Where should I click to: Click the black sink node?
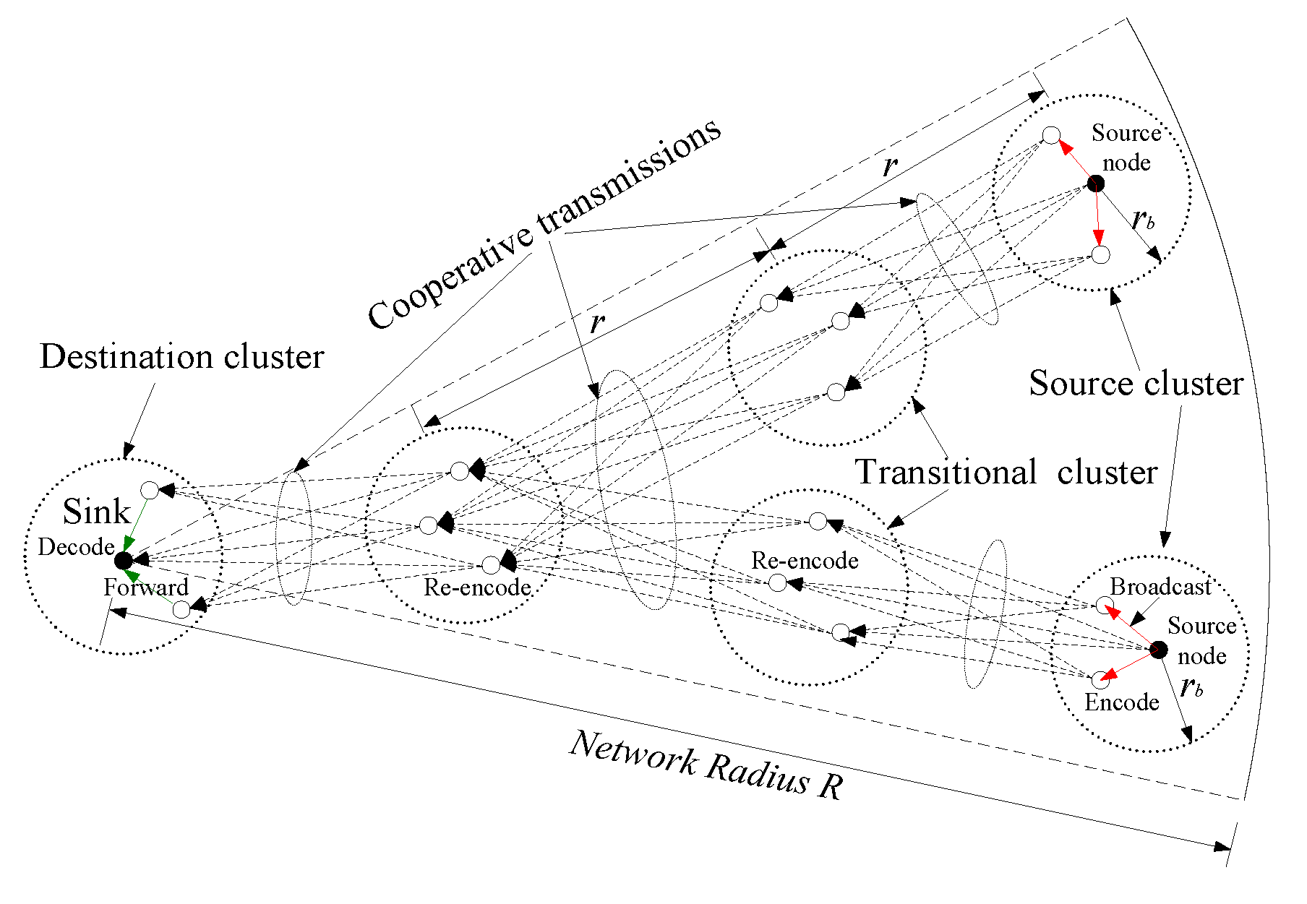pos(124,560)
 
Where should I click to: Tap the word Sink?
pos(97,512)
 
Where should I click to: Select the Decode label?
pos(77,547)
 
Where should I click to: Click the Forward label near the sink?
pos(146,587)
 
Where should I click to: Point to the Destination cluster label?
pos(182,356)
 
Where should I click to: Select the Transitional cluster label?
pos(1007,472)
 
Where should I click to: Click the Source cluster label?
pos(1136,383)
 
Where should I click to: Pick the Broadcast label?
pos(1161,587)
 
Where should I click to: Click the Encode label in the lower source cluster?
pos(1122,702)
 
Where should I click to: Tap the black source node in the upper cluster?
pos(1096,184)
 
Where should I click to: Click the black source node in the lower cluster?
pos(1159,650)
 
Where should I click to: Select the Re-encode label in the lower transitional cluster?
pos(805,561)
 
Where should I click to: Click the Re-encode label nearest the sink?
pos(477,587)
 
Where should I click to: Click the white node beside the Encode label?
pos(1099,679)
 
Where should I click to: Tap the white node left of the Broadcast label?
pos(1104,606)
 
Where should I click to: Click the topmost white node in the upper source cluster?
pos(1051,135)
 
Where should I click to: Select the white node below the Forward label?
pos(181,610)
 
